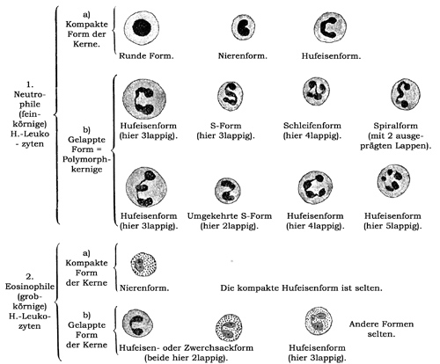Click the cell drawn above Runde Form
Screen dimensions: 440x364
[142, 28]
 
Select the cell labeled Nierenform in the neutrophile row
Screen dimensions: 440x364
[243, 27]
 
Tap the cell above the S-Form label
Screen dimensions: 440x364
[231, 96]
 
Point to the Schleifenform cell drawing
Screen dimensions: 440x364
[316, 91]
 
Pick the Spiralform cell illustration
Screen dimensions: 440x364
[406, 94]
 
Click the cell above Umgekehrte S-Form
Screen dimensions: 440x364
[228, 191]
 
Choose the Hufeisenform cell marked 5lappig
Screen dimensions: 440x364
[393, 181]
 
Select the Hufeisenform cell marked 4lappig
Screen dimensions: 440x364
[315, 187]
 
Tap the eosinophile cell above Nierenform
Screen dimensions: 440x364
[143, 265]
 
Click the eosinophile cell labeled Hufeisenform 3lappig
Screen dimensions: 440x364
[319, 321]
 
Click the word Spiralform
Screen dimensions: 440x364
[395, 126]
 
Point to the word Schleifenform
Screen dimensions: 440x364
[312, 126]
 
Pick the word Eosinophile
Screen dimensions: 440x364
[30, 287]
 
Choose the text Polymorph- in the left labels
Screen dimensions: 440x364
[86, 160]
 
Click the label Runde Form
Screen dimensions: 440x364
[146, 55]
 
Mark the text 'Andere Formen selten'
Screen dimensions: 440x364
[381, 329]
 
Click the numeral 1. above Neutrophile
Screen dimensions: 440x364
[30, 84]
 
